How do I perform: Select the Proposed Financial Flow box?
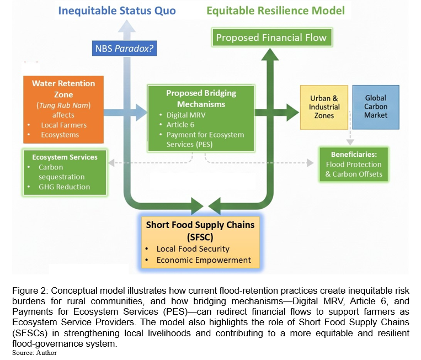click(x=271, y=38)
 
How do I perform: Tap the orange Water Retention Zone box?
click(x=63, y=108)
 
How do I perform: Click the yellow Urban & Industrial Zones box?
click(x=324, y=107)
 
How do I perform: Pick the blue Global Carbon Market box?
click(x=375, y=107)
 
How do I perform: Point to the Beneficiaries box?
click(x=354, y=164)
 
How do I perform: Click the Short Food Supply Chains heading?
click(x=200, y=230)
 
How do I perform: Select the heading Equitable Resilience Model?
click(x=276, y=10)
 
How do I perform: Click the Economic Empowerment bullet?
click(x=203, y=260)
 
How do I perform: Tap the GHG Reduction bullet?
click(x=64, y=187)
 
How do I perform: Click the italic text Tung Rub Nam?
click(x=63, y=105)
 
